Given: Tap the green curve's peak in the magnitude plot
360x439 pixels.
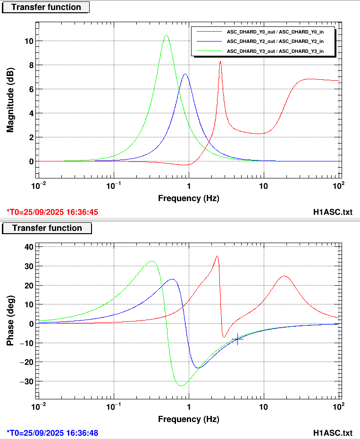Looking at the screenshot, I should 166,35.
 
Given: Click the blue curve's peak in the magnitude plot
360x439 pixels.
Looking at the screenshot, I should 185,74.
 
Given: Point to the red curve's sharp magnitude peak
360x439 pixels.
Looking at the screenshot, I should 220,62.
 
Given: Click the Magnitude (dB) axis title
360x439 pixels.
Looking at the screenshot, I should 10,101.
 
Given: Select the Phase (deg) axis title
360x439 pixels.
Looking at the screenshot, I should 10,321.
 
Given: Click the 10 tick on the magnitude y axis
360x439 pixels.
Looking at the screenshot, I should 29,41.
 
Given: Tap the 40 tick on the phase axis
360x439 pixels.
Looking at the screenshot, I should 28,247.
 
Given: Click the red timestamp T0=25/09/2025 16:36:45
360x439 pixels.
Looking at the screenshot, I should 52,212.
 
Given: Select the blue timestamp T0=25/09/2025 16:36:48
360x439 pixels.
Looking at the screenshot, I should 52,432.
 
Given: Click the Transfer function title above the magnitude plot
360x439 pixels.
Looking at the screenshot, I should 46,7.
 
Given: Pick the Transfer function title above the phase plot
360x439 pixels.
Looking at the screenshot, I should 47,228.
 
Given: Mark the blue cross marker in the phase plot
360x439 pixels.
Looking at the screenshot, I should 237,339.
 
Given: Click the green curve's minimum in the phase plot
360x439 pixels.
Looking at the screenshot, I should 181,386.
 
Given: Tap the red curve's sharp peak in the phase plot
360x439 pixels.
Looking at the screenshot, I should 217,256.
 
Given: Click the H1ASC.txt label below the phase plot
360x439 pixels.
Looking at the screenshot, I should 333,432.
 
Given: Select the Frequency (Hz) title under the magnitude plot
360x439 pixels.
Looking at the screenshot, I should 188,198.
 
